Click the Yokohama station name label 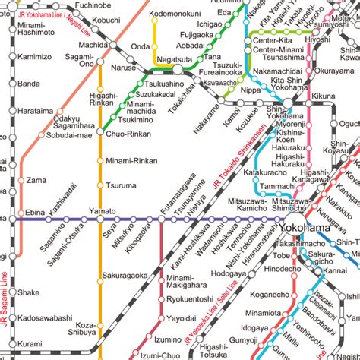click(305, 228)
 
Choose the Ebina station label click(36, 213)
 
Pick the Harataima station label click(36, 111)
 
